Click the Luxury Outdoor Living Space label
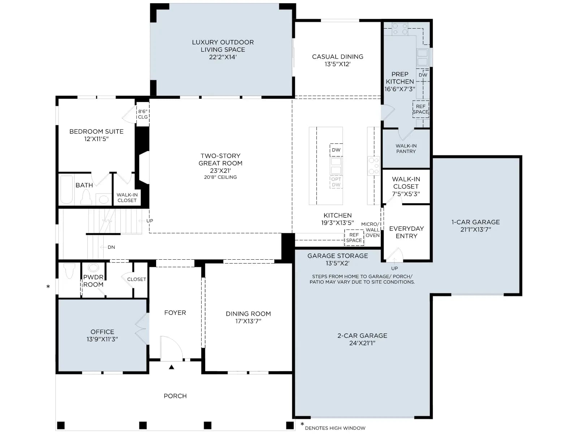click(223, 46)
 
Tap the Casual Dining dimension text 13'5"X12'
click(337, 64)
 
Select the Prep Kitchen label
click(400, 78)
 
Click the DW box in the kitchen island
click(336, 150)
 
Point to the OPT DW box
click(336, 182)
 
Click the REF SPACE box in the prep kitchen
click(420, 109)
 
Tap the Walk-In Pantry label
click(406, 149)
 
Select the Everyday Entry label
click(406, 232)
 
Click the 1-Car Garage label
click(475, 222)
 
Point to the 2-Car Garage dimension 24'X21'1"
click(362, 343)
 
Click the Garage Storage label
click(337, 256)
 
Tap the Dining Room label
click(248, 314)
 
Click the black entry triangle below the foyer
click(172, 367)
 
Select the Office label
click(102, 332)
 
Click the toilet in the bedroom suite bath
click(86, 197)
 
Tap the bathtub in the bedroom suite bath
click(66, 190)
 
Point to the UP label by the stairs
click(150, 221)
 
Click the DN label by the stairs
click(111, 247)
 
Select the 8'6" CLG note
click(143, 114)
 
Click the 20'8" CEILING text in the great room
click(220, 177)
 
